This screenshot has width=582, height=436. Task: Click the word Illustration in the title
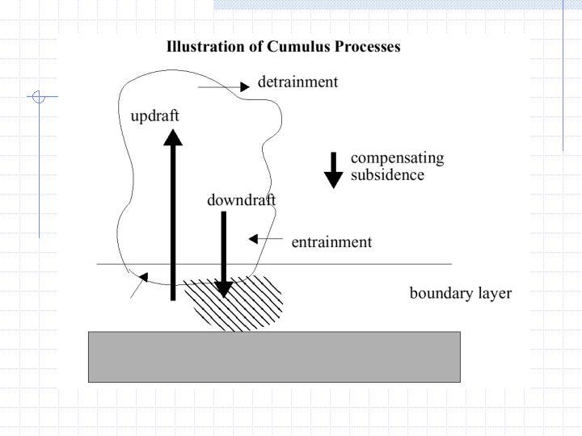205,47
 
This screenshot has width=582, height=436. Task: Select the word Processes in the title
364,47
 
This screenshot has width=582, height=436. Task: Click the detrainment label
297,82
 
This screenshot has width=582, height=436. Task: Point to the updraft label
154,116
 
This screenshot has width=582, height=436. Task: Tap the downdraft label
241,200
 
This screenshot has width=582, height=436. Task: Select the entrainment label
331,242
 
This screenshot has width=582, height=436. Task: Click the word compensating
397,158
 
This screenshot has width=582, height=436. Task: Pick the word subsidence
387,175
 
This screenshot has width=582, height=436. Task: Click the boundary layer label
460,293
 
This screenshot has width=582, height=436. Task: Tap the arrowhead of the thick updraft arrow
172,138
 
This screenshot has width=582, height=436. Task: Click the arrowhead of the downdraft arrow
224,288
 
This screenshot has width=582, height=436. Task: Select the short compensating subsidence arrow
333,170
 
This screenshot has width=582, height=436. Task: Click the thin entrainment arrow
266,239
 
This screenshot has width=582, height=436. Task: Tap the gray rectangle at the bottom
274,356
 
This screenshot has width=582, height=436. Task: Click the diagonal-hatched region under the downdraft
242,305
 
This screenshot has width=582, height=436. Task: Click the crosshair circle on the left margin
38,97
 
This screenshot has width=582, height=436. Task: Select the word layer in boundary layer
495,293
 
